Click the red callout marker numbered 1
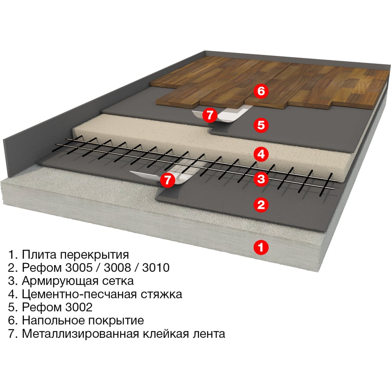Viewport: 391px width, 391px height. click(x=261, y=248)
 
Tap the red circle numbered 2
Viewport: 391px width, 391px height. click(x=261, y=205)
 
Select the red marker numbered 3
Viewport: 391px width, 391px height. click(x=261, y=179)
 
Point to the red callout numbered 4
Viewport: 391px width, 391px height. click(x=261, y=154)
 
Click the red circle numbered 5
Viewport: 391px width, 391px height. click(x=261, y=125)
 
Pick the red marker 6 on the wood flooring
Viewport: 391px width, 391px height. click(x=261, y=91)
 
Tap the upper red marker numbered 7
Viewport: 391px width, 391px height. click(x=210, y=115)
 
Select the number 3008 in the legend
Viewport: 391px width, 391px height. click(x=117, y=267)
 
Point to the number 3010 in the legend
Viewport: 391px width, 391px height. click(x=156, y=267)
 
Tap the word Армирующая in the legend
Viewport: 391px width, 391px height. click(x=57, y=281)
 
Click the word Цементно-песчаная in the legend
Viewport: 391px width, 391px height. click(x=79, y=294)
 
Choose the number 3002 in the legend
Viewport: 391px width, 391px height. click(x=79, y=307)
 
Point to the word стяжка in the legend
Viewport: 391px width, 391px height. click(x=161, y=294)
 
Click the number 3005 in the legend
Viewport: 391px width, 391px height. click(x=79, y=267)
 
